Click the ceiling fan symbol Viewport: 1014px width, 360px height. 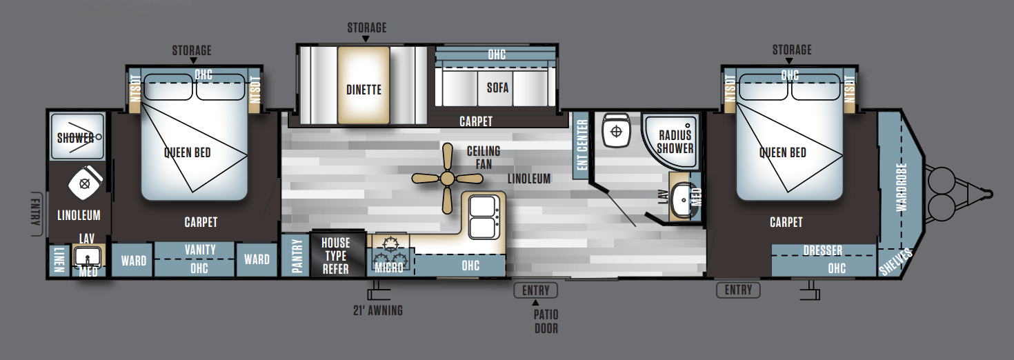tap(447, 179)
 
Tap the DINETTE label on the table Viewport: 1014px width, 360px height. tap(364, 90)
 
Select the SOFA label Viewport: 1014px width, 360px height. tap(497, 88)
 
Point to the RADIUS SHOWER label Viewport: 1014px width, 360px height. tap(675, 141)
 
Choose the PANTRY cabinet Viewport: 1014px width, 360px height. tap(296, 255)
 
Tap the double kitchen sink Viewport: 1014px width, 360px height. tap(483, 217)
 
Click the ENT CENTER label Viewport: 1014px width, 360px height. tap(582, 144)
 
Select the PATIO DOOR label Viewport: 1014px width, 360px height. tap(546, 321)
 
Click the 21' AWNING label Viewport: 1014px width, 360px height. tap(378, 310)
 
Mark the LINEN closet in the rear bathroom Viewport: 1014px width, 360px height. tap(59, 260)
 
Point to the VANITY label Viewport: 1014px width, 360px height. tap(200, 250)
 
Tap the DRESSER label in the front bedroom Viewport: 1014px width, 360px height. tap(822, 250)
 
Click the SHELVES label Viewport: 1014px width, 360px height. tap(895, 262)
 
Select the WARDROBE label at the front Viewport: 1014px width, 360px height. tap(902, 187)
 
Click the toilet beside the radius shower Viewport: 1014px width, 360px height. tap(616, 130)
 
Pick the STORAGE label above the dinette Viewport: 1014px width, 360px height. tap(367, 28)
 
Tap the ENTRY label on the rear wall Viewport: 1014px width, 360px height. tap(36, 212)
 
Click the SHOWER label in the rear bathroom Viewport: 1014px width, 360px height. tap(75, 138)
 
